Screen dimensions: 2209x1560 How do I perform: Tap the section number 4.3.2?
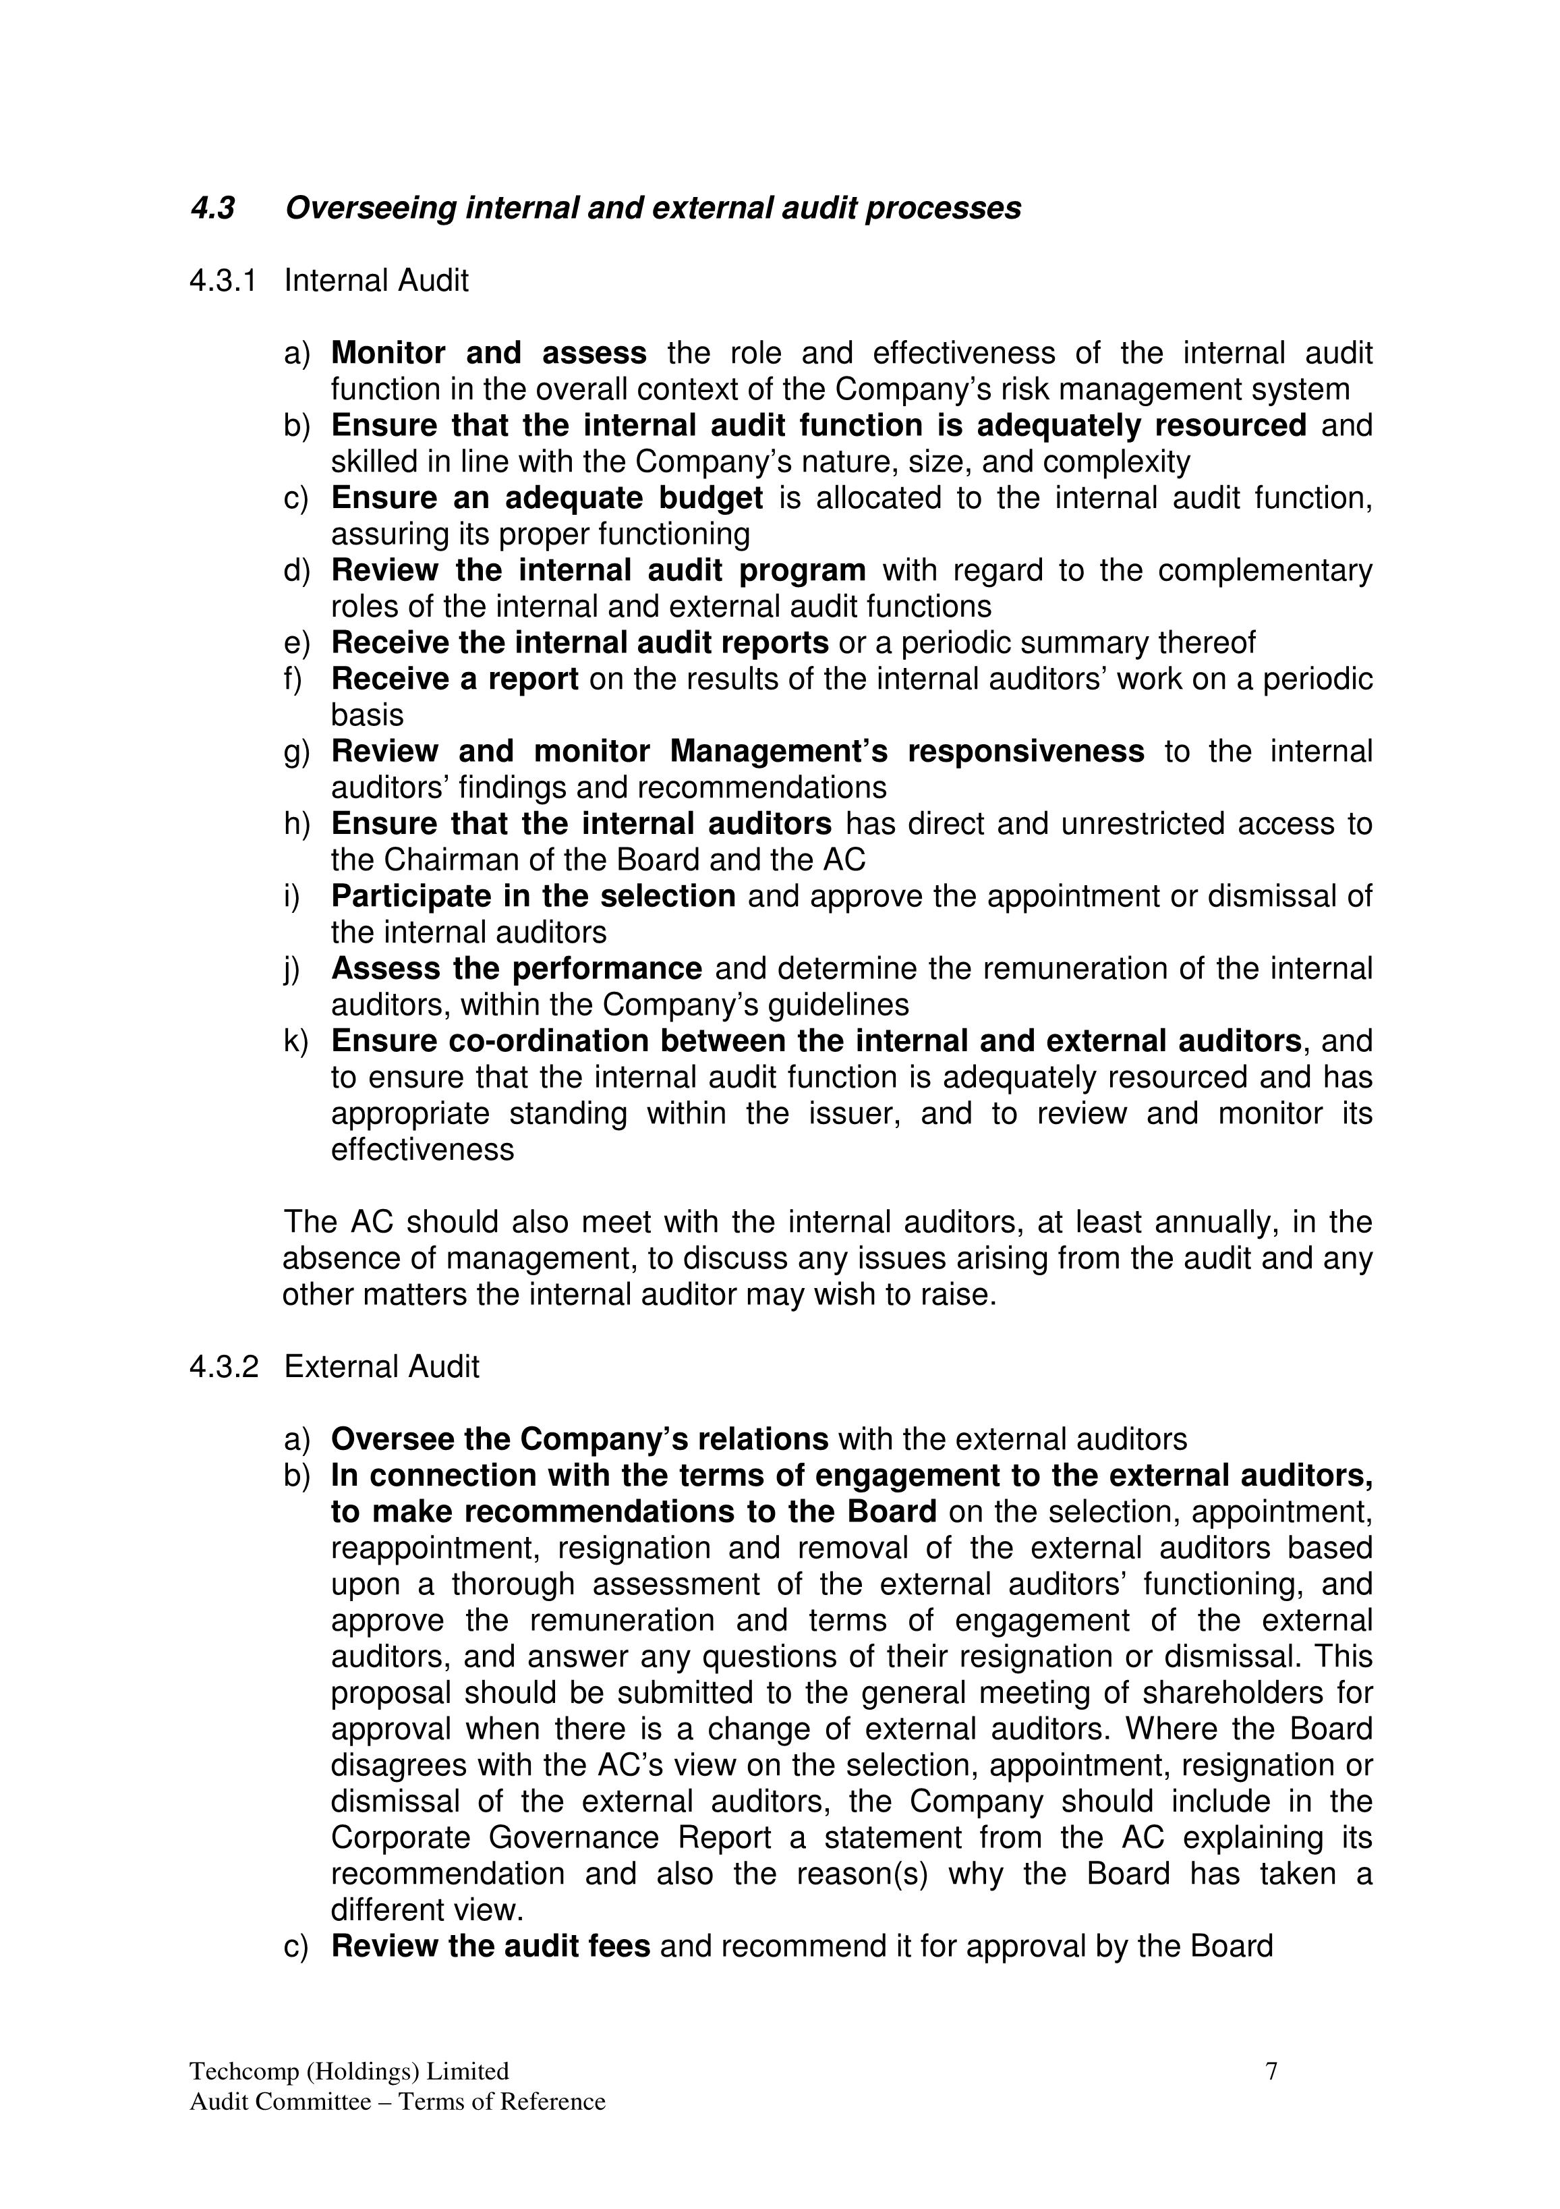pos(223,1366)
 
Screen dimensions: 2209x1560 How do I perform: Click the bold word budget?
pos(711,499)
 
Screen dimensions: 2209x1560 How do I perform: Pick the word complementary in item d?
pos(1265,571)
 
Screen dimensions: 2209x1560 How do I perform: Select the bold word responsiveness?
pos(1025,752)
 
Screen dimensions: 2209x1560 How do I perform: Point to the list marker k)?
pos(296,1041)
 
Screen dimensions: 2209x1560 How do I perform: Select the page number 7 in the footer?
pos(1271,2071)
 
